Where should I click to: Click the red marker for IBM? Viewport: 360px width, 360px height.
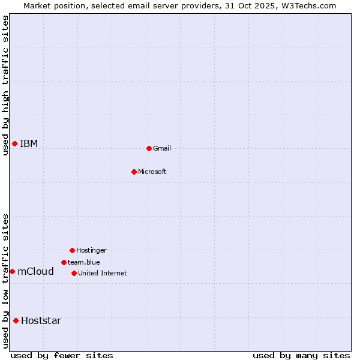[14, 143]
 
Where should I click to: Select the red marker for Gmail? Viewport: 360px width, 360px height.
[149, 148]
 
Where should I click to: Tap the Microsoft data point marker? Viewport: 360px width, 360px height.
[134, 172]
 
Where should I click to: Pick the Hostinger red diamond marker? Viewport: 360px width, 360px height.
[72, 250]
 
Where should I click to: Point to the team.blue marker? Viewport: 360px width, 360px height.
[64, 262]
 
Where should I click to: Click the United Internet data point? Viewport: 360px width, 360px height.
[74, 273]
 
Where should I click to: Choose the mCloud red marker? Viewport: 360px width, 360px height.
[12, 271]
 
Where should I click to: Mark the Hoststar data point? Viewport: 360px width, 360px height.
[16, 320]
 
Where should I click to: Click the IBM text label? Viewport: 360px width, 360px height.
[29, 143]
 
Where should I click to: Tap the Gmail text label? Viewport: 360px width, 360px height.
[162, 148]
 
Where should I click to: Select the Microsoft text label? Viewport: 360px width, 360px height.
[152, 172]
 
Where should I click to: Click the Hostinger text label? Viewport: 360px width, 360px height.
[91, 250]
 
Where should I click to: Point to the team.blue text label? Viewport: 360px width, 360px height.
[84, 262]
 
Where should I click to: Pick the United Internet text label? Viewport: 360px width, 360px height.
[103, 273]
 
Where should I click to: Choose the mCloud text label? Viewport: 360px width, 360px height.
[36, 271]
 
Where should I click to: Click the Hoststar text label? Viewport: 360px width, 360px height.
[41, 320]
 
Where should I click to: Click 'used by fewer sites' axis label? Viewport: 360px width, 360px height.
[62, 355]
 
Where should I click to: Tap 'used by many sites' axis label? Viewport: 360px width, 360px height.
[301, 355]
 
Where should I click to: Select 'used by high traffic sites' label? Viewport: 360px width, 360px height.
[5, 85]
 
